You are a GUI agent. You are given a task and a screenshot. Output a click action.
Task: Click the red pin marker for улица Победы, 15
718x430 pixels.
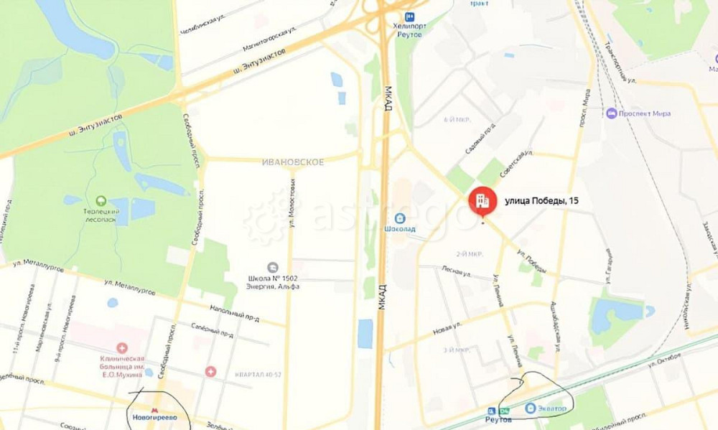pyautogui.click(x=481, y=200)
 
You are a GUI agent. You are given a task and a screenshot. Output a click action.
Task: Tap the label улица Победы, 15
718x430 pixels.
pyautogui.click(x=543, y=201)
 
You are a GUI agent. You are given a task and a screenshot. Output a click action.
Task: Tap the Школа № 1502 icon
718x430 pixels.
pyautogui.click(x=272, y=267)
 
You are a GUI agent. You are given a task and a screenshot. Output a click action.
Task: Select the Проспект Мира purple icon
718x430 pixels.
pyautogui.click(x=611, y=113)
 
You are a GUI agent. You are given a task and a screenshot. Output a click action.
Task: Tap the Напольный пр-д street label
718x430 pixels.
pyautogui.click(x=233, y=312)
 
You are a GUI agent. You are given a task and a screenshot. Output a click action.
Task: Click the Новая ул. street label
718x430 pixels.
pyautogui.click(x=447, y=329)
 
